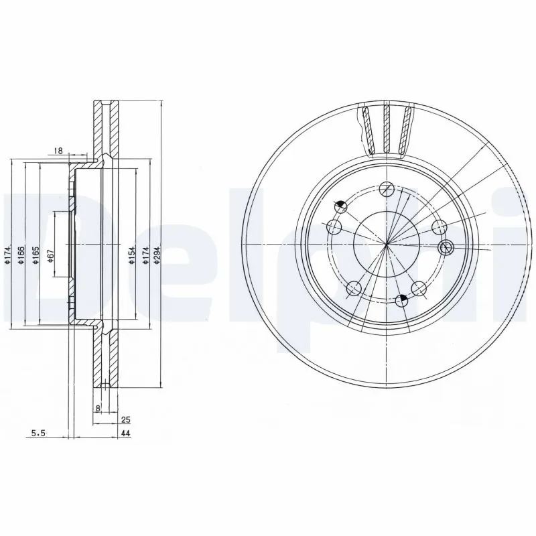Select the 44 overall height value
coord(125,434)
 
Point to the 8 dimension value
coord(98,407)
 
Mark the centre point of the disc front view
coord(387,245)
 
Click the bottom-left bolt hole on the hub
coord(355,289)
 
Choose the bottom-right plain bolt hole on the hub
coord(419,288)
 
